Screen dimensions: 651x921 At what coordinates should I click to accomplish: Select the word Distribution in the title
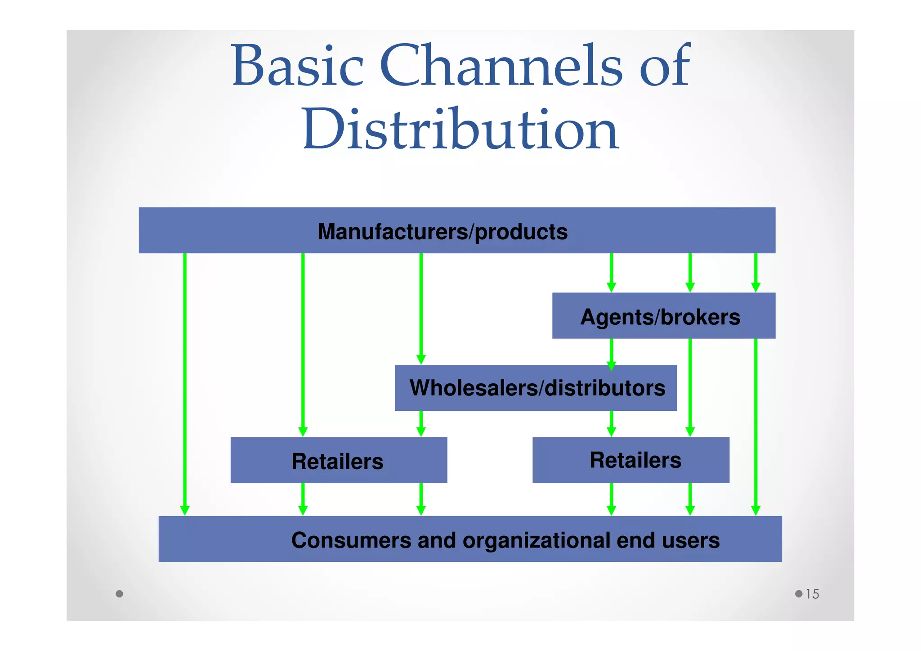(x=460, y=130)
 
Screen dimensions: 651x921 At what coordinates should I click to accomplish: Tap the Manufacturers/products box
(x=456, y=230)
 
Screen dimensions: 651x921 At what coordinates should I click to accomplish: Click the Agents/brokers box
(x=663, y=316)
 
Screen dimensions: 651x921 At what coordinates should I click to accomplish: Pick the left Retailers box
(x=338, y=460)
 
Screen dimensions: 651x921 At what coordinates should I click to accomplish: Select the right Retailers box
(x=630, y=460)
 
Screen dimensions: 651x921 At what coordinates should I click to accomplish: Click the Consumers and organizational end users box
(x=470, y=539)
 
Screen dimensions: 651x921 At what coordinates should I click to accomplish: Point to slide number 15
(x=812, y=594)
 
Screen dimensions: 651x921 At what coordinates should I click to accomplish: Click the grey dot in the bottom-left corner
(x=119, y=594)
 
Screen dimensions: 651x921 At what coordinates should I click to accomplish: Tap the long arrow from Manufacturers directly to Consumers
(x=185, y=382)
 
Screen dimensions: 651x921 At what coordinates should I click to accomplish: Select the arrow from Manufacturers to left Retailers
(x=303, y=342)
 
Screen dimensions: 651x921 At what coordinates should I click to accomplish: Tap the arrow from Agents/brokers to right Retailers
(x=690, y=387)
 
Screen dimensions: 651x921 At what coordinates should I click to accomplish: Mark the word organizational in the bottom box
(x=536, y=540)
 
